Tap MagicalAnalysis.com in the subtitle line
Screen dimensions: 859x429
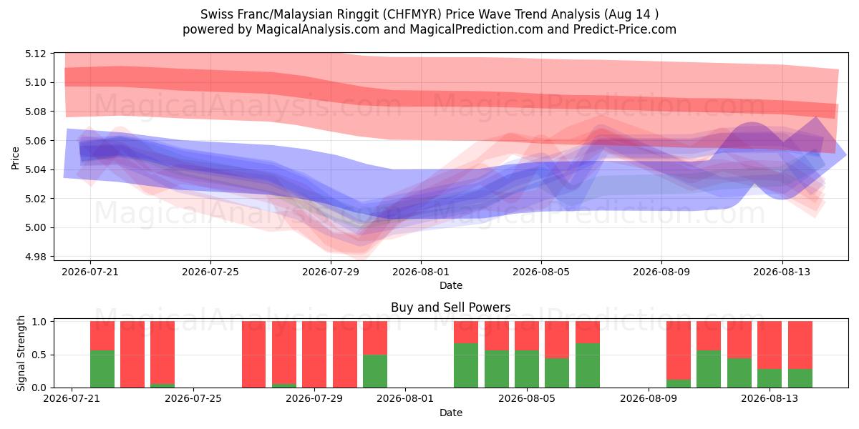pos(318,29)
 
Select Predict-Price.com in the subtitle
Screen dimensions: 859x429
pos(625,29)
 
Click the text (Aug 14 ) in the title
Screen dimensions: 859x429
pos(631,14)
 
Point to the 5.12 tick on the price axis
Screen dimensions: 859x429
pos(35,54)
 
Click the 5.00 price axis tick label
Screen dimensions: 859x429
pos(35,227)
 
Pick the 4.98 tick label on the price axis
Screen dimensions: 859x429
pos(35,257)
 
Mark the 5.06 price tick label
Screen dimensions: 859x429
pos(35,141)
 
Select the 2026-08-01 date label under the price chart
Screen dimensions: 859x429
pos(421,272)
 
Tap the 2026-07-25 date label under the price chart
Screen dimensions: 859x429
pos(210,272)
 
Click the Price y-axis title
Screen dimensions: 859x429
pos(15,158)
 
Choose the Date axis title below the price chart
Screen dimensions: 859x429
pos(451,285)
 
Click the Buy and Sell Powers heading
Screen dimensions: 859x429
pos(450,307)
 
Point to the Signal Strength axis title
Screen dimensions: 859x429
pos(21,353)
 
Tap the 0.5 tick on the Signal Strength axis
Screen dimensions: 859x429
pos(39,355)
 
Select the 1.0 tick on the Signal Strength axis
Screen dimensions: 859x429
pos(39,322)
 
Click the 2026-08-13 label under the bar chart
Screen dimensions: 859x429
pos(770,399)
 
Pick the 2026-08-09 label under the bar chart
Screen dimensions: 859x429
pos(649,399)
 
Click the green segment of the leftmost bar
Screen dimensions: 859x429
pos(102,369)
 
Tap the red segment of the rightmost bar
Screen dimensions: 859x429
pos(800,345)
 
